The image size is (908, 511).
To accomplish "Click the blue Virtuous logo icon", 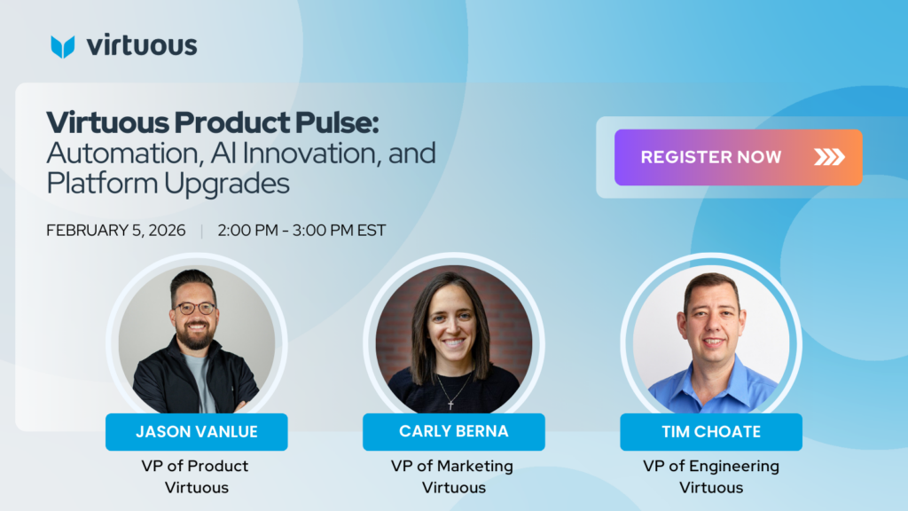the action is point(63,47).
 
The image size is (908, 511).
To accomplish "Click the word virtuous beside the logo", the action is point(142,45).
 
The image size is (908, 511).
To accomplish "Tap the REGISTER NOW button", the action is point(739,157).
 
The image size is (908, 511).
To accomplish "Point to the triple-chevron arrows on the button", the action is point(829,157).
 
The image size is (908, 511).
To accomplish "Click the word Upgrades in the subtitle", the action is point(226,185).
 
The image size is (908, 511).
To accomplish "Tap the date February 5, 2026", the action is point(116,231).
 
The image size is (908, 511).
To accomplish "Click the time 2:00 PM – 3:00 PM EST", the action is point(301,231).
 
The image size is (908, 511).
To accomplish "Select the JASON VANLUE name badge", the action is point(196,432).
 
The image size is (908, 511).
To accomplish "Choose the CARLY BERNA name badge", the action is point(453,432).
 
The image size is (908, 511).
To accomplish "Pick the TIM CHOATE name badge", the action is point(711,432).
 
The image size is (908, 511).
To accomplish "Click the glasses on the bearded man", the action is point(196,308).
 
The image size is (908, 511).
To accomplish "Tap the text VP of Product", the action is point(194,466).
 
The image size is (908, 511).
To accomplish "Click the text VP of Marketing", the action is point(451,467).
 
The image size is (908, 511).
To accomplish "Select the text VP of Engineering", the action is point(711,467).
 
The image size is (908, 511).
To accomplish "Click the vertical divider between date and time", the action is point(201,232).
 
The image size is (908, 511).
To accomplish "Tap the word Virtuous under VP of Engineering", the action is point(711,487).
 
